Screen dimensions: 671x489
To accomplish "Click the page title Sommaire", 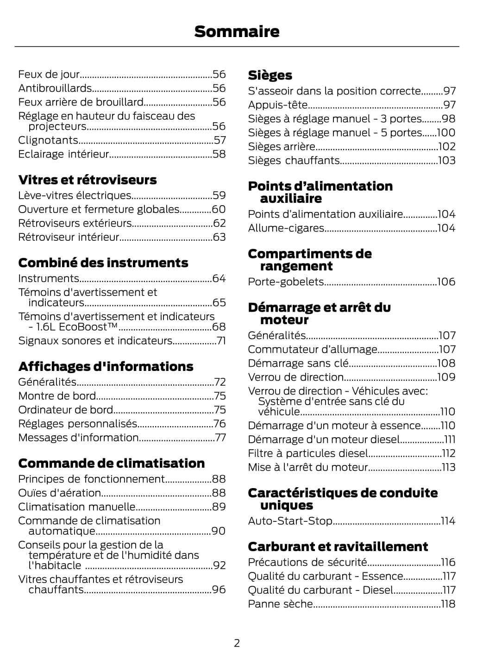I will tap(237, 31).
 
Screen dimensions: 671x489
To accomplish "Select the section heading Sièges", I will tap(270, 75).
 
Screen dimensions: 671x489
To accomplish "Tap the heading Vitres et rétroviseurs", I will tap(88, 180).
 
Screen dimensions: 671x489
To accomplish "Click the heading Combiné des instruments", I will tap(103, 263).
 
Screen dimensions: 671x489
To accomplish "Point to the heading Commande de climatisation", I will tap(111, 463).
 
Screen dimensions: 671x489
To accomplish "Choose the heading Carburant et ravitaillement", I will tap(338, 546).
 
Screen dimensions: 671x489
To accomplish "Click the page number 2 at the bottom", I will tap(237, 643).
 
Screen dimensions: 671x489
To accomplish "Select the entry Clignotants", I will tap(48, 140).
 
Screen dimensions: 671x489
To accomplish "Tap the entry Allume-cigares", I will tap(286, 228).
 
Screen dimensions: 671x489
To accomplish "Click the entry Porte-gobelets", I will tap(286, 282).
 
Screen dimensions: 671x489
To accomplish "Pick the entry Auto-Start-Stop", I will tap(290, 521).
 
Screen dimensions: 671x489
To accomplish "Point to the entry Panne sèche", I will tap(280, 604).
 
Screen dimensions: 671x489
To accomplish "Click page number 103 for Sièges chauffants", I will tap(446, 160).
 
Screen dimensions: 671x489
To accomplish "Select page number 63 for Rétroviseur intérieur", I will tap(219, 237).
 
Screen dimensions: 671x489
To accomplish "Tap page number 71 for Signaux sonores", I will tap(221, 341).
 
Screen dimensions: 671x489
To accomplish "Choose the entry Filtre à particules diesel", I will tap(308, 453).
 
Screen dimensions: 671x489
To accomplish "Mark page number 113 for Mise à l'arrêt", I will tap(448, 467).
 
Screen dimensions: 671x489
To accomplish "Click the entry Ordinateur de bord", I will tap(65, 410).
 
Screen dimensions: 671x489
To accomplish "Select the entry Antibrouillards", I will tap(55, 88).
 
